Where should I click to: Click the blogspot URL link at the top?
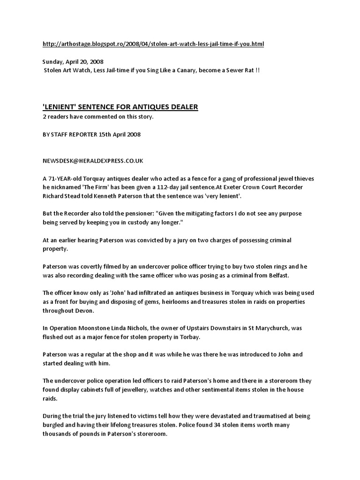pyautogui.click(x=153, y=44)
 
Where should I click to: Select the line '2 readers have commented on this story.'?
pyautogui.click(x=97, y=117)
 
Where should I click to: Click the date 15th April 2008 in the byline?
pyautogui.click(x=120, y=134)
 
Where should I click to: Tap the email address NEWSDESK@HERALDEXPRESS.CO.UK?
pyautogui.click(x=93, y=161)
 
